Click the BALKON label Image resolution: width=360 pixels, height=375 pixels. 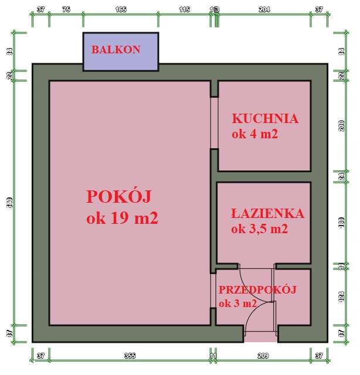(x=116, y=50)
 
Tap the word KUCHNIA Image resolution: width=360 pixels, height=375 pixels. (x=265, y=118)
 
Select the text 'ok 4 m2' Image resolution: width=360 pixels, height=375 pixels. (x=254, y=134)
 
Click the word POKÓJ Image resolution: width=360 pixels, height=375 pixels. (x=123, y=195)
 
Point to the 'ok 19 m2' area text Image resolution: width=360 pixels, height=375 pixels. (x=123, y=219)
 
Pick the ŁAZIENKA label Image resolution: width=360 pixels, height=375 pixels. (x=267, y=213)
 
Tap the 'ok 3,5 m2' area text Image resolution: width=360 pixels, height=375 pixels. (x=260, y=229)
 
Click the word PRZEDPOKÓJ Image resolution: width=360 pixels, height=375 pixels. (x=257, y=289)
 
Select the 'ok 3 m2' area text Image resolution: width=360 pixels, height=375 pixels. (x=237, y=304)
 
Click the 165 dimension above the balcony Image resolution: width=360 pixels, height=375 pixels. (x=120, y=9)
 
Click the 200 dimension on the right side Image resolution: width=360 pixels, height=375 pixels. (x=342, y=126)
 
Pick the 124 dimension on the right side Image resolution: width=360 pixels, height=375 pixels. (x=342, y=296)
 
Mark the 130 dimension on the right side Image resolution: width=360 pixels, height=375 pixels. (x=342, y=223)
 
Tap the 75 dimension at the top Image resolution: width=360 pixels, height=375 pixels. (x=66, y=9)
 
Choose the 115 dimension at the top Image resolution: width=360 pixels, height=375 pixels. (x=184, y=9)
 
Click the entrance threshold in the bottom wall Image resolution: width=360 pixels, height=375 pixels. (x=260, y=337)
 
